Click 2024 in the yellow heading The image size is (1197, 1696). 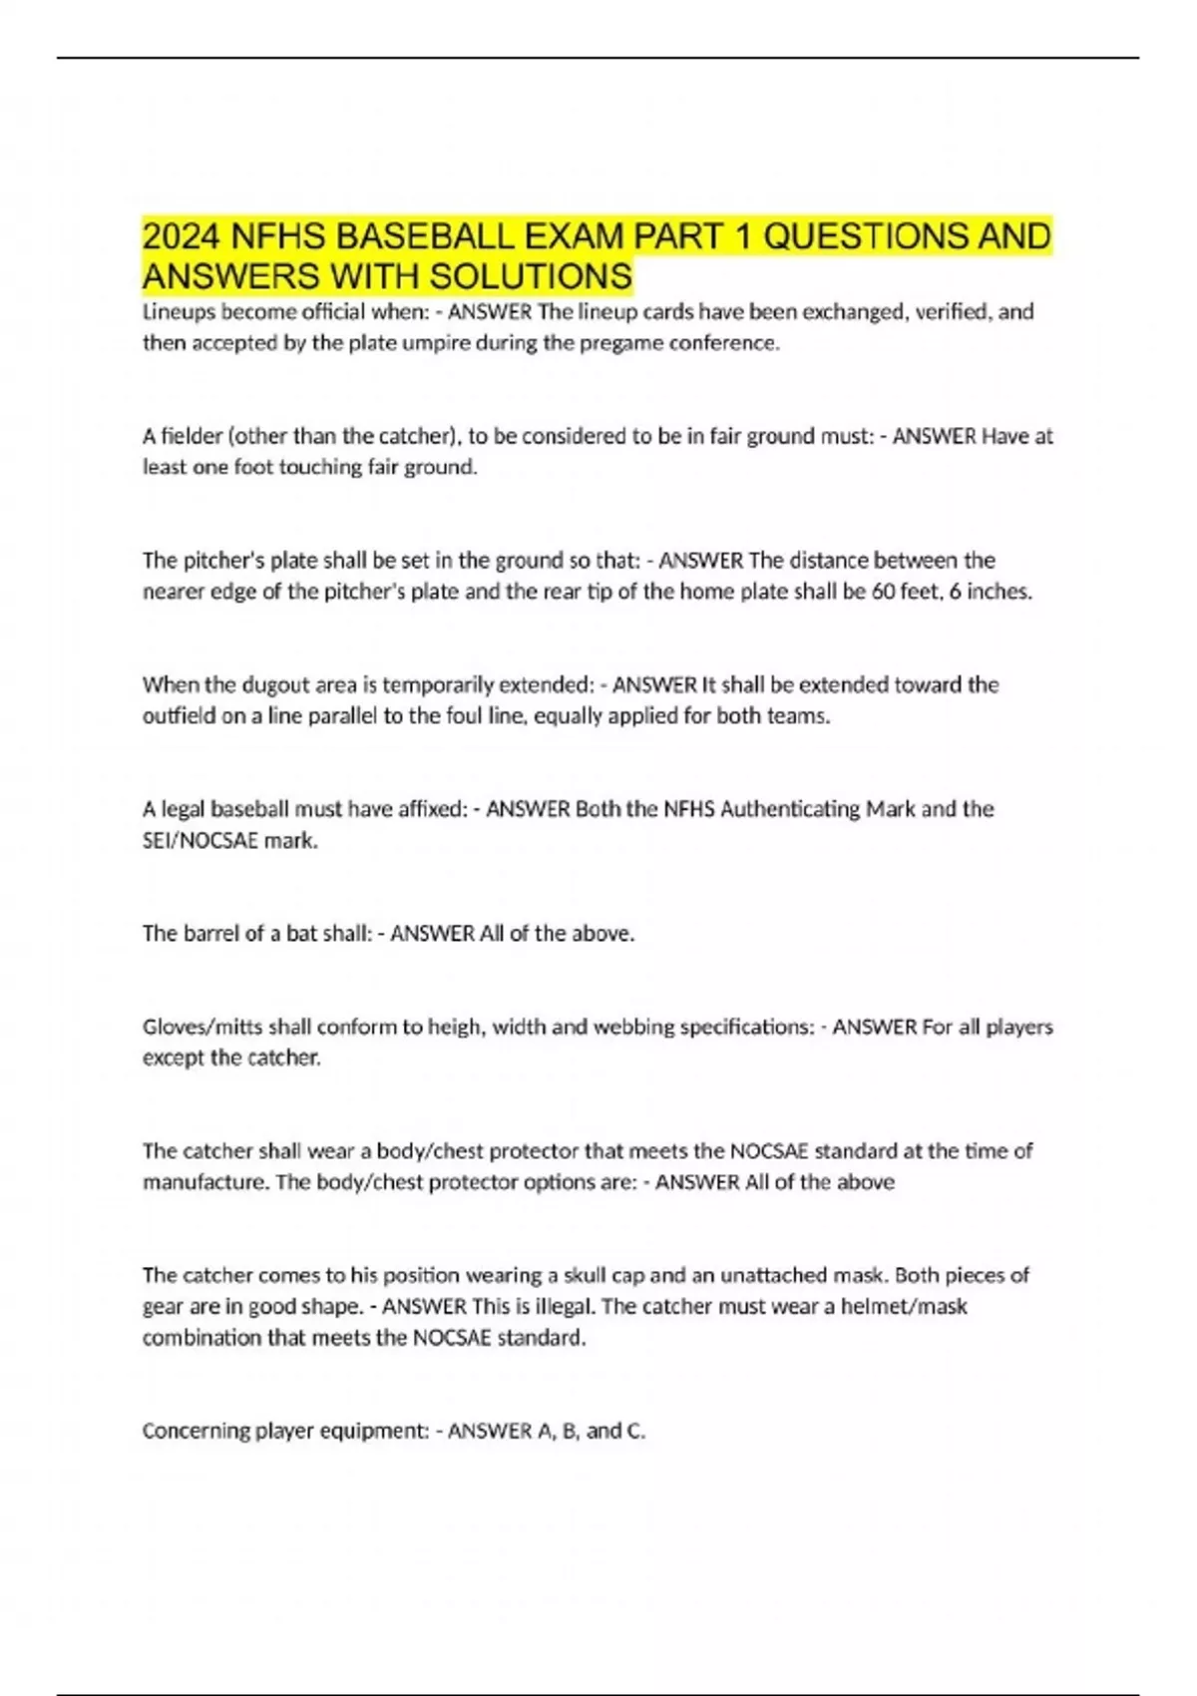pos(181,237)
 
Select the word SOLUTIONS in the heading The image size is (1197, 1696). pos(535,276)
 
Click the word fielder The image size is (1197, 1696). pos(193,436)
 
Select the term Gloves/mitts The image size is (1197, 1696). pos(200,1028)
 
